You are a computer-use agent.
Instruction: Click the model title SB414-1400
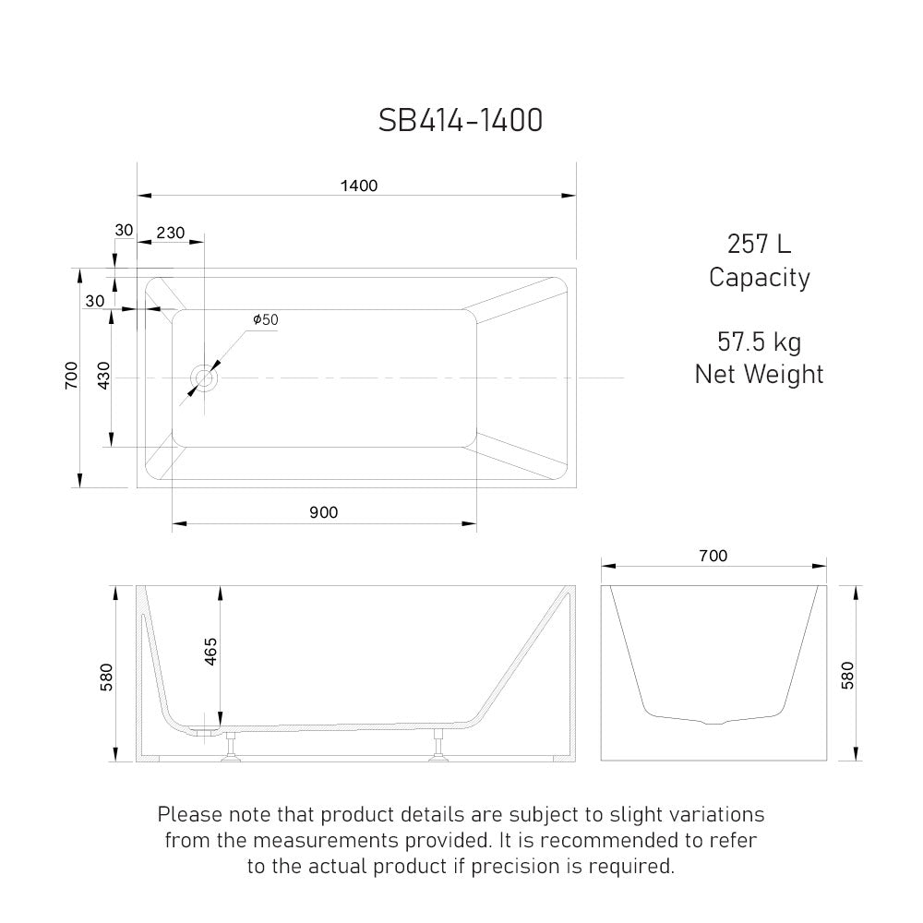461,120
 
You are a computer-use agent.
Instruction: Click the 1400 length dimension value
358,186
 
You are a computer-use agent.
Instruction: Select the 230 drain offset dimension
170,233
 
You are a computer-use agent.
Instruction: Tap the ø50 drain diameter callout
265,319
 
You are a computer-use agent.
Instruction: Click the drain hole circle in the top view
204,378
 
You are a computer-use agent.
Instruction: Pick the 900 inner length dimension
323,513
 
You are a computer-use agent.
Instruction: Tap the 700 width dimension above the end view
713,556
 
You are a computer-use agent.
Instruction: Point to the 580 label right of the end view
847,675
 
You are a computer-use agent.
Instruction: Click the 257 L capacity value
759,245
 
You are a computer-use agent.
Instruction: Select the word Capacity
759,277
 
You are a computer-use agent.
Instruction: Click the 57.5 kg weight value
759,342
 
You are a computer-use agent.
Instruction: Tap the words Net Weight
759,374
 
